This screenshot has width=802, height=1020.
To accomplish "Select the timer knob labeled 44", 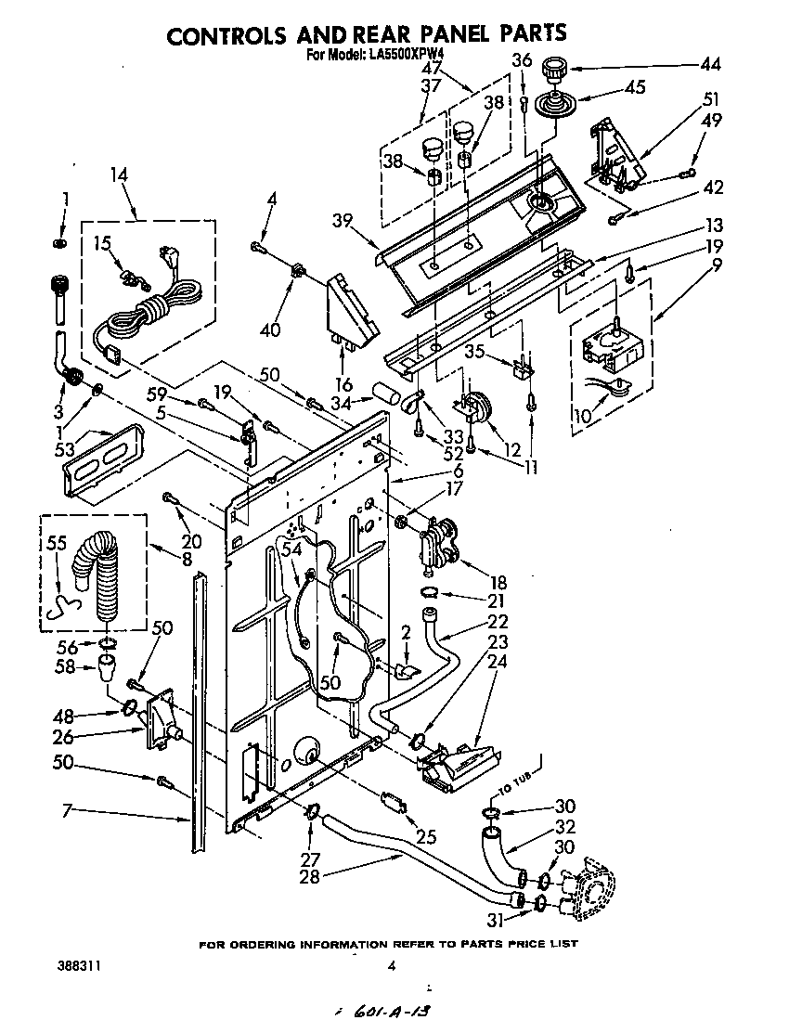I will pyautogui.click(x=556, y=69).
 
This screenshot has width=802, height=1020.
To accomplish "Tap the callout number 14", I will pyautogui.click(x=118, y=174).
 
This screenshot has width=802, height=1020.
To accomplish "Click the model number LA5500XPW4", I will pyautogui.click(x=401, y=54).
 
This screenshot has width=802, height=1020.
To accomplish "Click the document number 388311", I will pyautogui.click(x=78, y=965).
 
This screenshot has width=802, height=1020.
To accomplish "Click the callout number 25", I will pyautogui.click(x=425, y=836).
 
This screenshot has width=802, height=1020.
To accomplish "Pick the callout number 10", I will pyautogui.click(x=582, y=415).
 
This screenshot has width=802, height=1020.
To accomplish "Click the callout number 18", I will pyautogui.click(x=498, y=582).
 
